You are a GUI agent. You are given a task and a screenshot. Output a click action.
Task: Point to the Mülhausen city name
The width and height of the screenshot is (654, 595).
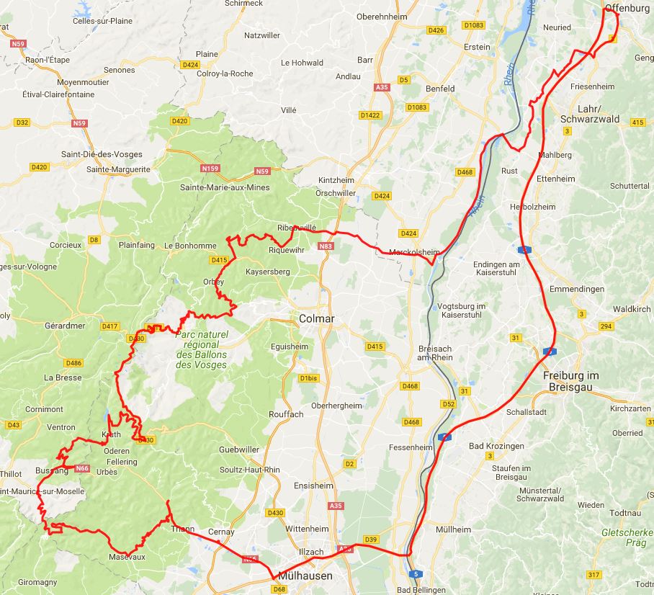coord(305,576)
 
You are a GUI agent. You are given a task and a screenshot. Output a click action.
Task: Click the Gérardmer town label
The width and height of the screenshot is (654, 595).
coord(65,326)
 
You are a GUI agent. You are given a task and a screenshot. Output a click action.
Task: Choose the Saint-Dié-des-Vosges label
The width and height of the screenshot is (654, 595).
coord(102,154)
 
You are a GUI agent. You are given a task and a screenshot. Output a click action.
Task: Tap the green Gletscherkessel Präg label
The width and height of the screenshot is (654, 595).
coord(627,538)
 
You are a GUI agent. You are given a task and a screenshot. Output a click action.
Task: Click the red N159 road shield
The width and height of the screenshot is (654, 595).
coord(210,169)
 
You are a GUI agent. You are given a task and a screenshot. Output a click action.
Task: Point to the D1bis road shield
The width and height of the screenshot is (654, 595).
coord(308,378)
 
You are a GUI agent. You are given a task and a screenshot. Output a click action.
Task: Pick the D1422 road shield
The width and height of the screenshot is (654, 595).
coord(370,115)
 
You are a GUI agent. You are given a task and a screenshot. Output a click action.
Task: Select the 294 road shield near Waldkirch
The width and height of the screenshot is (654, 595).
coord(605,326)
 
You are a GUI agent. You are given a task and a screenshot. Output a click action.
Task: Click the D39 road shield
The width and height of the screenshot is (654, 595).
coord(371,540)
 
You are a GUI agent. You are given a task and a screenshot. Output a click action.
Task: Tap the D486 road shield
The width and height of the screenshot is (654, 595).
coord(73,362)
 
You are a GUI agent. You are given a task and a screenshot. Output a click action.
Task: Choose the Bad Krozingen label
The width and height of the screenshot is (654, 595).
coord(496,446)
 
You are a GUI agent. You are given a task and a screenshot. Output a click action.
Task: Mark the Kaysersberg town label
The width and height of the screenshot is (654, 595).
coord(267,272)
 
